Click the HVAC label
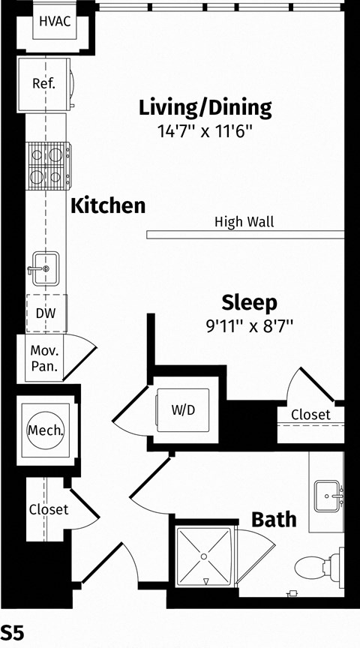pos(55,22)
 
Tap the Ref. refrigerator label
pos(43,84)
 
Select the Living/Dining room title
pos(205,107)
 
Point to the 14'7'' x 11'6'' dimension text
pos(205,131)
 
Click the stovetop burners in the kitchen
pos(48,166)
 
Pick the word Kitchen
pos(108,205)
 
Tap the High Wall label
pos(244,222)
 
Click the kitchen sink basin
pos(46,268)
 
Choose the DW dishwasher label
pos(46,313)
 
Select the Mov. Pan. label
pos(45,358)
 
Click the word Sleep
pos(249,302)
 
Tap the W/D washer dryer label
pos(183,410)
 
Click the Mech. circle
pos(46,430)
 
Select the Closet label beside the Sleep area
pos(310,414)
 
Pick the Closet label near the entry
pos(49,509)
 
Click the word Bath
pos(274,520)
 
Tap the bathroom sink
pos(328,496)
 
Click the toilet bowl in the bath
pos(311,566)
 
